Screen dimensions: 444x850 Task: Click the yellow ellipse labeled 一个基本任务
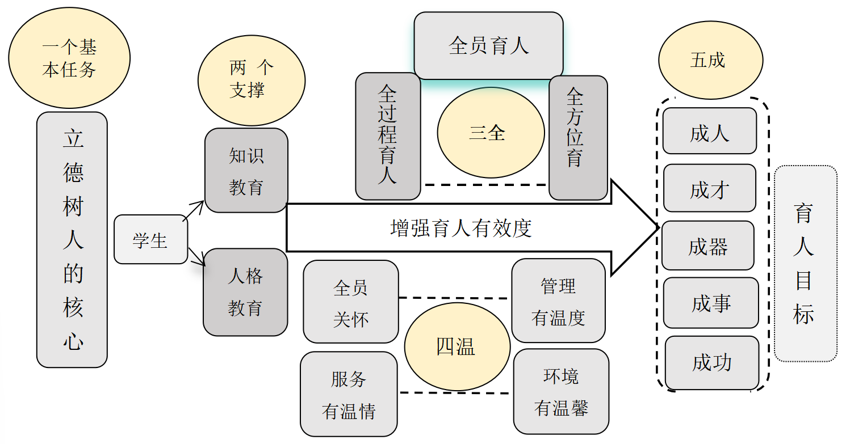coord(69,58)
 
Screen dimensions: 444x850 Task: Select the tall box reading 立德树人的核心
coord(72,239)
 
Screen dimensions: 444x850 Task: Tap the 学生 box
coord(150,240)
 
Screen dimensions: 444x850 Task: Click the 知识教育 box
coord(246,171)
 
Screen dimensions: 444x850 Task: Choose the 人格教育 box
coord(245,292)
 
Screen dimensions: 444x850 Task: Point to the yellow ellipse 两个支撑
coord(251,79)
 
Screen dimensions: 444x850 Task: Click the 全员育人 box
coord(488,45)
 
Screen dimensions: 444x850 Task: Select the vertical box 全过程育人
coord(388,136)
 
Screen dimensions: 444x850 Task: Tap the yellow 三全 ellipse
coord(487,133)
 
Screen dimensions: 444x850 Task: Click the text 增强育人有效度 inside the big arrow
coord(461,228)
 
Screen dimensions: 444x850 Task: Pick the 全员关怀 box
coord(350,302)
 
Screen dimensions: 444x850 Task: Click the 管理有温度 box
coord(558,301)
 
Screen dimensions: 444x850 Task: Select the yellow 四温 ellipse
coord(457,346)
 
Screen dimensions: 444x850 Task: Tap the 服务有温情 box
coord(349,394)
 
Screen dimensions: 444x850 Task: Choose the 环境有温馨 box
coord(561,392)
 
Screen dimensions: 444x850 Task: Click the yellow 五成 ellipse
coord(710,61)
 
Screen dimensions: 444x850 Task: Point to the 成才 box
coord(710,189)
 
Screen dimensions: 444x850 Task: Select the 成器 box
coord(708,246)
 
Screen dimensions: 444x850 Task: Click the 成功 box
coord(712,362)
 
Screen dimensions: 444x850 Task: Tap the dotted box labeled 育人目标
coord(805,264)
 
